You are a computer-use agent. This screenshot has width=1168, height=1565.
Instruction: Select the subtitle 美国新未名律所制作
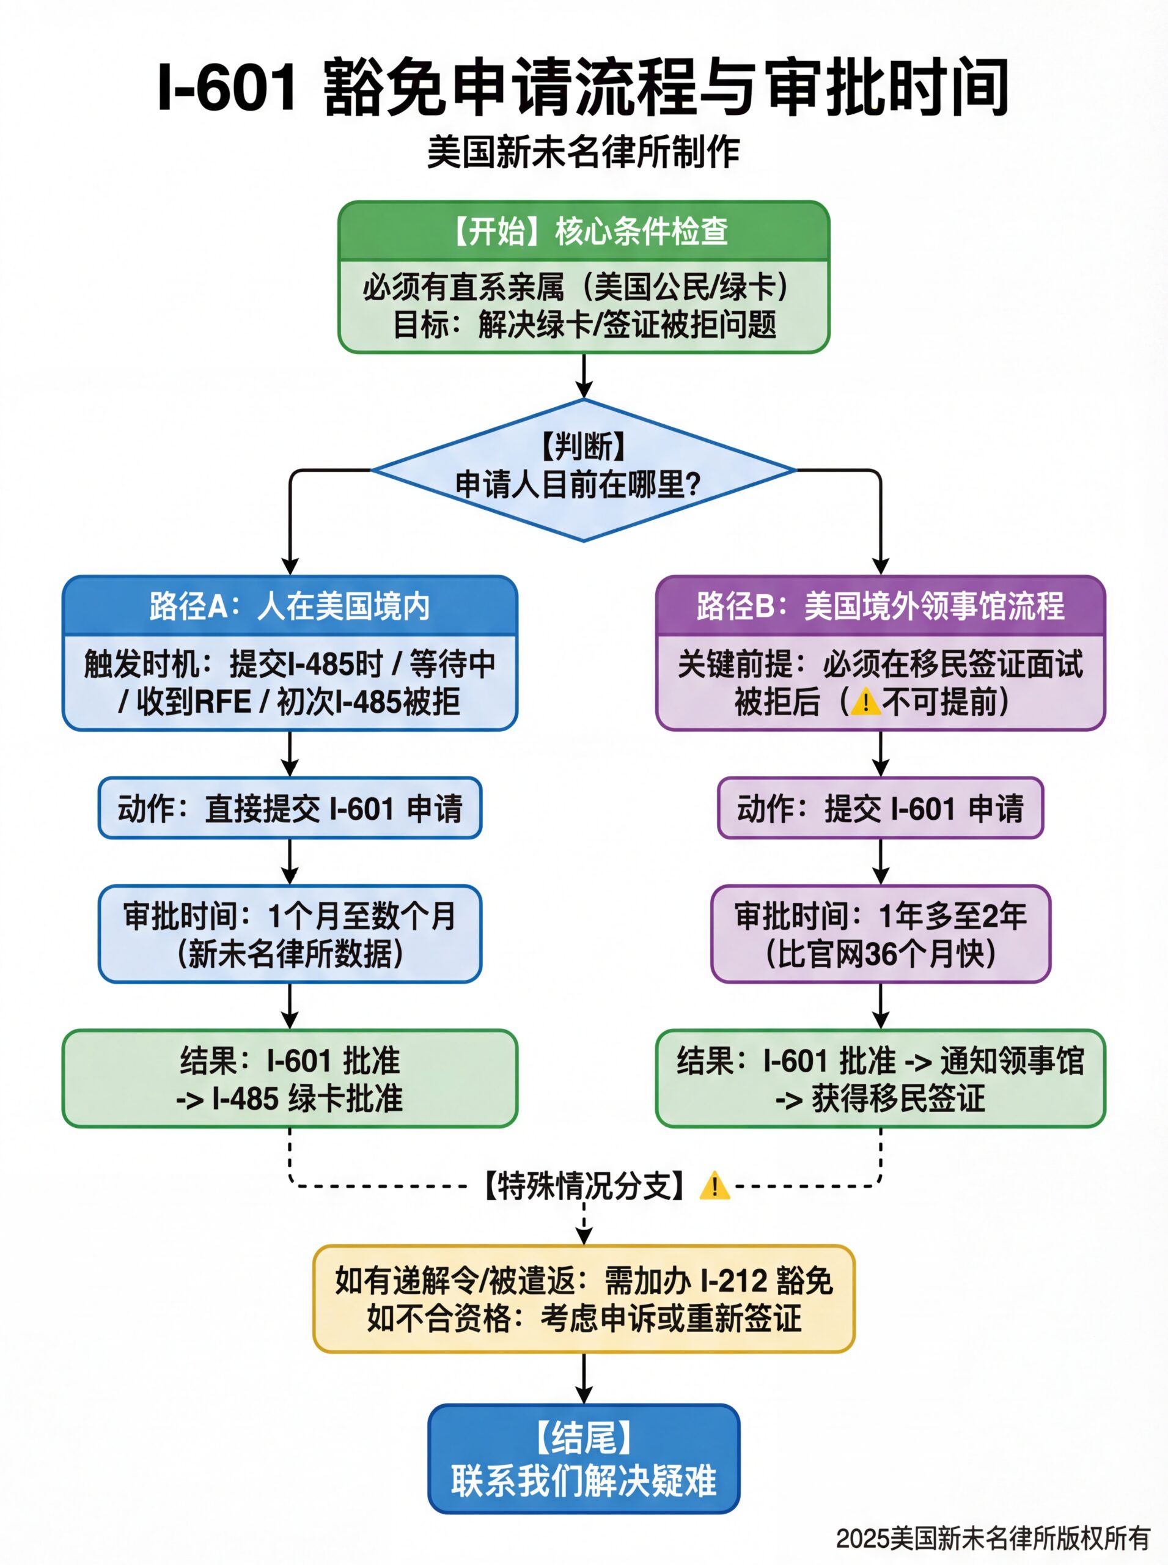coord(583,152)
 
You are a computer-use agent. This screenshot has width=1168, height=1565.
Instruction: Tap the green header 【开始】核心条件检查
coord(583,231)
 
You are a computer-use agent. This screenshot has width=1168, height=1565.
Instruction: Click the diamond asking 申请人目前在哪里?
coord(583,469)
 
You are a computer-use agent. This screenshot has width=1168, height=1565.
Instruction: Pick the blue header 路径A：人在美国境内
coord(290,606)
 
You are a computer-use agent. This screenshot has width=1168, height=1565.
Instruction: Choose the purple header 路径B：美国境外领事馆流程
coord(880,606)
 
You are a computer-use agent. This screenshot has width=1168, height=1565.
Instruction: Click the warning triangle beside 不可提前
coord(865,703)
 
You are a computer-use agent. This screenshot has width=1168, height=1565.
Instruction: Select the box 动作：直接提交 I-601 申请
coord(290,808)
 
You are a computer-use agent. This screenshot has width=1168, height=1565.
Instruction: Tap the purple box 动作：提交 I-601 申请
coord(880,808)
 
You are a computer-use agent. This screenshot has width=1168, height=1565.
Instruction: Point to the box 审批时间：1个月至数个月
coord(290,934)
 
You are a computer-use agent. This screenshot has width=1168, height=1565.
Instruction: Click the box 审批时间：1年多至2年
coord(880,934)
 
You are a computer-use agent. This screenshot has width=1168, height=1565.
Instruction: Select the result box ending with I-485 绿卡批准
coord(290,1079)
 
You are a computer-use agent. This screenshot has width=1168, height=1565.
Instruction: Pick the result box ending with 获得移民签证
coord(880,1079)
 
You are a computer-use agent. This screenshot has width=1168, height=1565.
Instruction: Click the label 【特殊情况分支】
coord(583,1186)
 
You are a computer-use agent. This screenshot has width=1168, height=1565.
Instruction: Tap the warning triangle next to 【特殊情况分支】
coord(714,1186)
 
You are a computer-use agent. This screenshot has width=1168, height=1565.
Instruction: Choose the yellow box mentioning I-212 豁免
coord(583,1299)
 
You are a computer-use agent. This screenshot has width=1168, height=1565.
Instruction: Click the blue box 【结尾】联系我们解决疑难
coord(583,1459)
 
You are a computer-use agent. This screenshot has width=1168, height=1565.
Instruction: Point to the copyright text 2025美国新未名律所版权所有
coord(993,1538)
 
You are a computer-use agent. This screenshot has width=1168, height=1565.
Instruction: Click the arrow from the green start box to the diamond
coord(583,375)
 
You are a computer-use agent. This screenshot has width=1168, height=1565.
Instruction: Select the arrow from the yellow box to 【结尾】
coord(583,1379)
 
